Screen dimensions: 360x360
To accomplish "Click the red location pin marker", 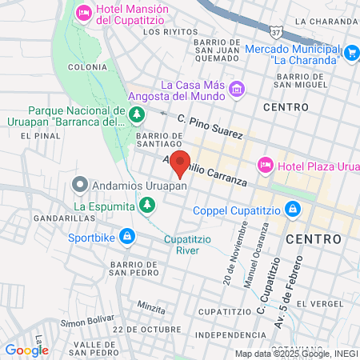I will point(181,162).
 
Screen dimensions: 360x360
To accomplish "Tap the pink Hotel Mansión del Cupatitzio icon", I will point(82,13).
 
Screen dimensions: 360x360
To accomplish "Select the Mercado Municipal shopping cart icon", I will point(351,52).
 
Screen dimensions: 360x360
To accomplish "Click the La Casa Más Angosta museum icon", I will point(236,88).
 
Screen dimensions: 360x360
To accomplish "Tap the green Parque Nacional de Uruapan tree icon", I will point(138,115).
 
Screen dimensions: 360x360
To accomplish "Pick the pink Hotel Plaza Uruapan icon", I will point(265,165).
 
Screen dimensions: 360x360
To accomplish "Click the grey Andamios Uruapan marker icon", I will point(79,186).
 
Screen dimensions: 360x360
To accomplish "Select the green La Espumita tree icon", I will point(146,206).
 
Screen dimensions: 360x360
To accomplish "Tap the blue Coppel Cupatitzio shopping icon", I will point(293,210).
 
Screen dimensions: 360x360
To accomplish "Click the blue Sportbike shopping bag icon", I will point(126,236).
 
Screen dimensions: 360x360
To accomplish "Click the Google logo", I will point(26,350).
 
